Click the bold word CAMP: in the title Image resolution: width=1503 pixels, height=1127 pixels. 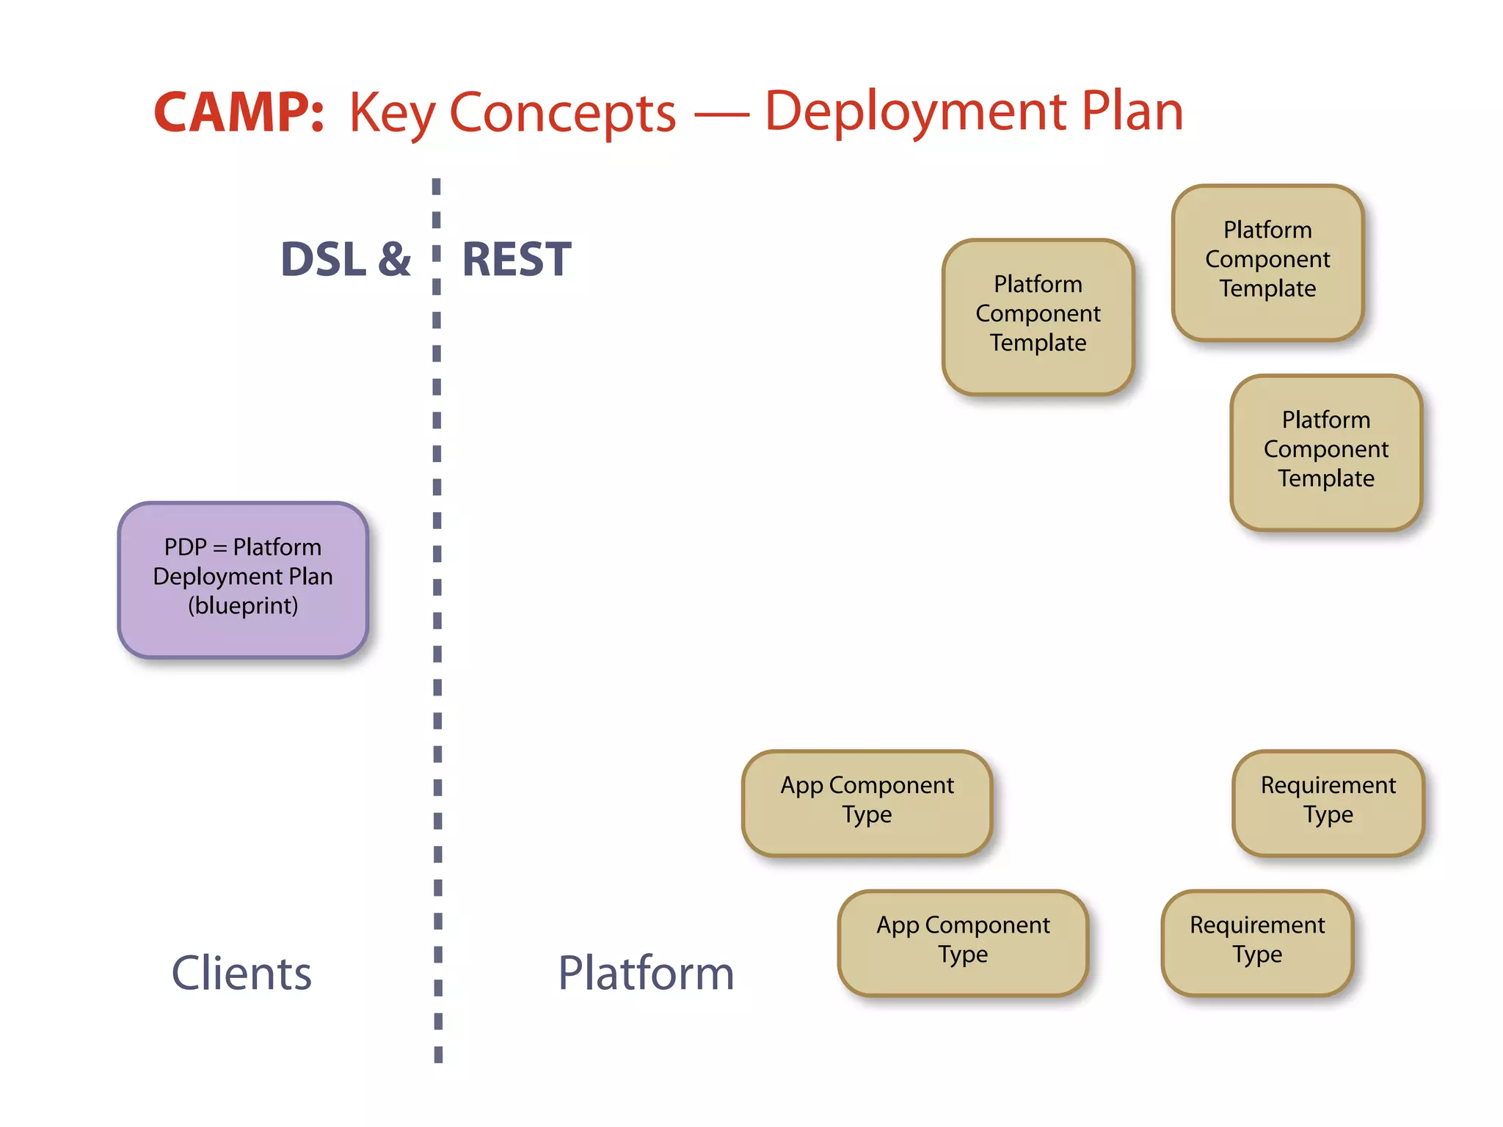pyautogui.click(x=239, y=113)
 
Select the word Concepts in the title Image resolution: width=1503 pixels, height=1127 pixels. pyautogui.click(x=562, y=114)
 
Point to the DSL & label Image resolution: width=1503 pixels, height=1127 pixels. pyautogui.click(x=346, y=259)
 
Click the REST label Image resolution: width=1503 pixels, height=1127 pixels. pyautogui.click(x=516, y=259)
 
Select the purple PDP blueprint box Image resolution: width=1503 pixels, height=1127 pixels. pyautogui.click(x=243, y=580)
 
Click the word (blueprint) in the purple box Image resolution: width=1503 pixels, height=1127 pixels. pyautogui.click(x=243, y=606)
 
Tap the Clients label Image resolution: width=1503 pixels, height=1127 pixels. pyautogui.click(x=241, y=973)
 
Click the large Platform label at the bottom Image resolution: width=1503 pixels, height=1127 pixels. pyautogui.click(x=646, y=973)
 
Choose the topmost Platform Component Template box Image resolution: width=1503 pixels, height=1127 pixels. pyautogui.click(x=1267, y=262)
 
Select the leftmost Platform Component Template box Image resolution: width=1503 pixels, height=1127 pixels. pyautogui.click(x=1038, y=316)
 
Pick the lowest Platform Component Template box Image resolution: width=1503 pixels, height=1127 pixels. pyautogui.click(x=1325, y=452)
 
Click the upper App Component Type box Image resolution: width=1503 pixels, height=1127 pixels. pyautogui.click(x=867, y=803)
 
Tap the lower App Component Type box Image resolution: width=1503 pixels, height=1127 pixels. pyautogui.click(x=963, y=942)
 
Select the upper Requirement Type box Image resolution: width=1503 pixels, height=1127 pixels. pyautogui.click(x=1328, y=803)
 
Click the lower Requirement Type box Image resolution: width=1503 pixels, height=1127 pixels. pyautogui.click(x=1257, y=942)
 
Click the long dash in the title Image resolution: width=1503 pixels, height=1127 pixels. pyautogui.click(x=720, y=115)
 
